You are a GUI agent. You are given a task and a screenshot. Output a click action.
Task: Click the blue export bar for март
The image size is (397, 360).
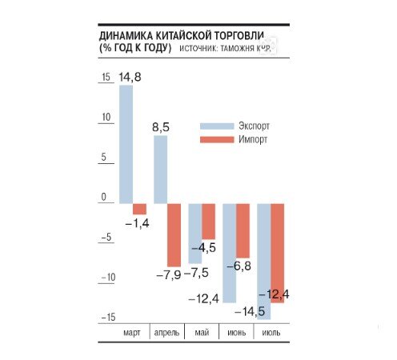126,144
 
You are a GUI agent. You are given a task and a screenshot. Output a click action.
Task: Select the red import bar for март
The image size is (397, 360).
138,209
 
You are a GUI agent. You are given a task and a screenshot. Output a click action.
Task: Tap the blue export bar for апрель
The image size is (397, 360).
160,170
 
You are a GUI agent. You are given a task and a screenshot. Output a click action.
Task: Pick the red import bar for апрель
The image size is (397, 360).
174,234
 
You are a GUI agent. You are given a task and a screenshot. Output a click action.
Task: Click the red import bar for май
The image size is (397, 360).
208,222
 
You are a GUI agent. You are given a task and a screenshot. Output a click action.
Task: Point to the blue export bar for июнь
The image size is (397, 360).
229,253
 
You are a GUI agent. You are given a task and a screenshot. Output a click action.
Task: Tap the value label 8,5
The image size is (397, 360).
161,126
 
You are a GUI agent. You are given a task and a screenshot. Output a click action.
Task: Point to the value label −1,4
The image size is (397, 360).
138,223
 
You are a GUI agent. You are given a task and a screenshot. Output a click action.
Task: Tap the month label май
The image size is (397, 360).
203,332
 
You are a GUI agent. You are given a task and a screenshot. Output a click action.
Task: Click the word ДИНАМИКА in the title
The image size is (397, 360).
127,37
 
